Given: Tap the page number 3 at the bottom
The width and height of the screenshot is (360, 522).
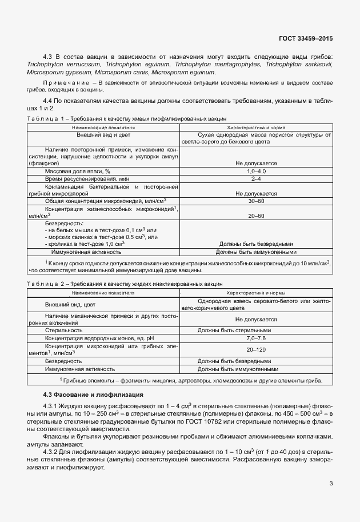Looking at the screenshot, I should [x=331, y=484].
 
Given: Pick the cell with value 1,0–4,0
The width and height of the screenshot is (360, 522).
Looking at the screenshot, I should [x=256, y=171].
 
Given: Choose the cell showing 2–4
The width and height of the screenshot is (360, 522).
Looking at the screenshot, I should [x=256, y=178].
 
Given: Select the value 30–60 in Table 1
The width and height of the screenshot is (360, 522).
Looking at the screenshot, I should [x=256, y=201].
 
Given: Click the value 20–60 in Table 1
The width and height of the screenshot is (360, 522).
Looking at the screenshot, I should [x=256, y=216].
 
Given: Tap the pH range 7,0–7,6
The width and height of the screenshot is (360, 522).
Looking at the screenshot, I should [x=256, y=338].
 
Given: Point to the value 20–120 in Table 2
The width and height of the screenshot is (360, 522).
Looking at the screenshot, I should [x=256, y=349].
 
